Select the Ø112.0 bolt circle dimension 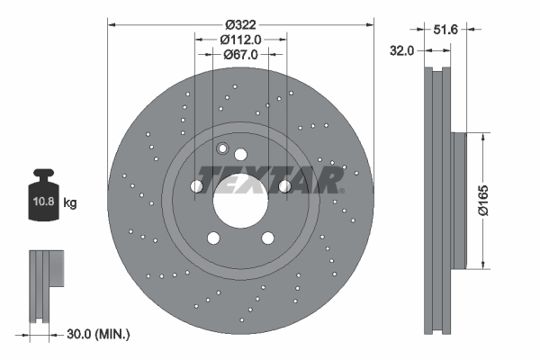click(x=240, y=39)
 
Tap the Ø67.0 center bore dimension click(x=240, y=54)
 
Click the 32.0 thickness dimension click(x=402, y=51)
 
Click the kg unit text click(x=70, y=203)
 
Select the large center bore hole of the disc click(x=240, y=198)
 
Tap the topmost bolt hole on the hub click(x=240, y=154)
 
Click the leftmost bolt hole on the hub click(x=197, y=185)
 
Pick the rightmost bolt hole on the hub click(x=284, y=185)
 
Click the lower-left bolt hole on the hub click(x=213, y=238)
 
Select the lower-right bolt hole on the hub click(x=267, y=238)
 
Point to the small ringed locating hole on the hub click(x=223, y=148)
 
